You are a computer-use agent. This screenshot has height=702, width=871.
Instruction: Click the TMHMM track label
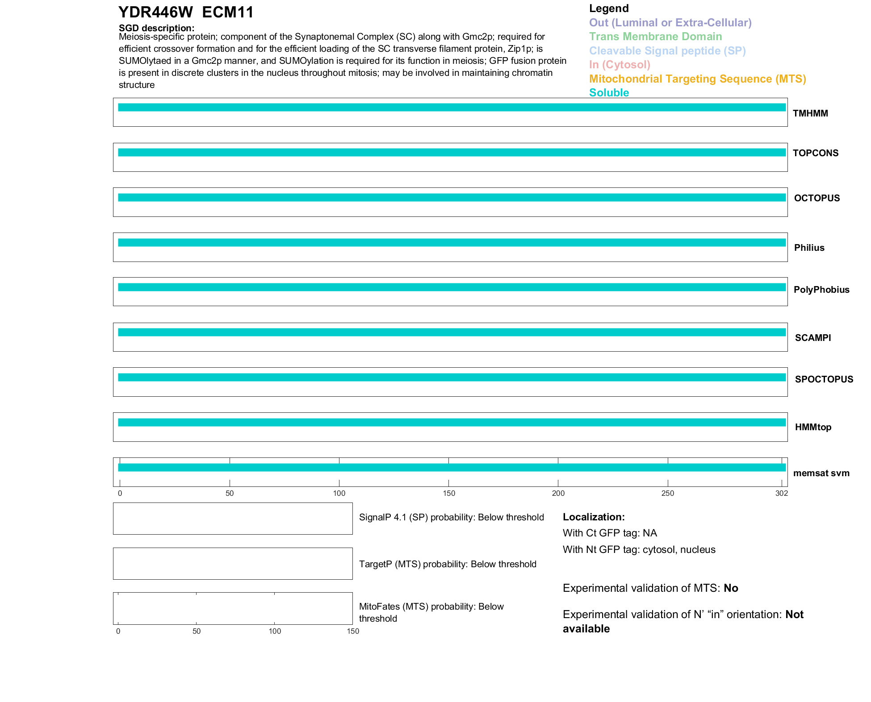[810, 113]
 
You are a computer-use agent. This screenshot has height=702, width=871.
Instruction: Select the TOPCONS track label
[815, 153]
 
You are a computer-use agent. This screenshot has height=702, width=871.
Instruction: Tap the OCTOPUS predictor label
[817, 198]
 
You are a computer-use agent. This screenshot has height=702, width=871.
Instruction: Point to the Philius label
[809, 248]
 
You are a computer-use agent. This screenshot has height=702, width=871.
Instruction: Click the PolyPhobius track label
[821, 290]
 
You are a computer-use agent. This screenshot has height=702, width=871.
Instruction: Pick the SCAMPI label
[812, 338]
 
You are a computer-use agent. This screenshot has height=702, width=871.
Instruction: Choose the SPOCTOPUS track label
[824, 379]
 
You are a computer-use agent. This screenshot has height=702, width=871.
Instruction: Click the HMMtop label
[813, 427]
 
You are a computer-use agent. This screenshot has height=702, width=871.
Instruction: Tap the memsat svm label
[821, 473]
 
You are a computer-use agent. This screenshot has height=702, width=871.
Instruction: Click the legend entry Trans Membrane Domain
[655, 37]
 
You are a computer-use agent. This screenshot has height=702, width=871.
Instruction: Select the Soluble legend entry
[609, 93]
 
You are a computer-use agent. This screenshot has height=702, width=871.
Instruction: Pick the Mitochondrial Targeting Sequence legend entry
[697, 79]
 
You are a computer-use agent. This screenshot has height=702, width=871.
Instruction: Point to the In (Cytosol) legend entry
[620, 65]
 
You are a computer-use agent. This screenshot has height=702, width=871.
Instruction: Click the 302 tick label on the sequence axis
[781, 493]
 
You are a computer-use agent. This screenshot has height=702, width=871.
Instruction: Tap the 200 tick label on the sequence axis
[558, 493]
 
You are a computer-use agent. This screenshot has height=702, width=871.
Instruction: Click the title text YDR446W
[155, 12]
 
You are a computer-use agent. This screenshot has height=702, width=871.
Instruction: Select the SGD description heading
[156, 28]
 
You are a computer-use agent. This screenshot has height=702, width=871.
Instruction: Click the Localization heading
[593, 517]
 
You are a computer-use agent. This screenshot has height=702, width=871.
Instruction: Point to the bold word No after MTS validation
[731, 588]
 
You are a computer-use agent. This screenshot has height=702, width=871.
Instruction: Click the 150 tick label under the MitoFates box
[353, 631]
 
